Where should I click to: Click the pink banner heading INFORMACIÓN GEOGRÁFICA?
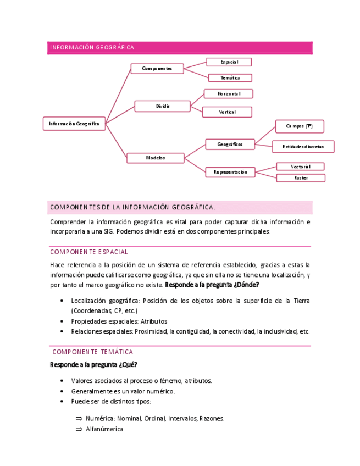pos(92,48)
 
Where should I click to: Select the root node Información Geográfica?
pos(74,124)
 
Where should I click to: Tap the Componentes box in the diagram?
pos(157,69)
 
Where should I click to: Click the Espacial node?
pos(229,62)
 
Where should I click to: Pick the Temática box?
pos(230,78)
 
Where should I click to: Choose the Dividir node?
pos(162,106)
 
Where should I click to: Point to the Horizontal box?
pos(229,94)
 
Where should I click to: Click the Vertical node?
pos(227,112)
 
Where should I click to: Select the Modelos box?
pos(156,158)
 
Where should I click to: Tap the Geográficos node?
pos(230,145)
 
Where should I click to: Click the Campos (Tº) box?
pos(300,126)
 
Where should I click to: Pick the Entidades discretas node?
pos(303,147)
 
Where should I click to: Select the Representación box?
pos(230,172)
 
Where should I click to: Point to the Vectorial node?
pos(301,167)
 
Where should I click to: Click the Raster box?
pos(301,178)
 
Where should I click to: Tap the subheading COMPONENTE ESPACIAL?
pos(89,252)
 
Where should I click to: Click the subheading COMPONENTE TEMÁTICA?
pos(92,352)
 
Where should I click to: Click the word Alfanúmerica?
pos(104,429)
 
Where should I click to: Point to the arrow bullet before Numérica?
pos(79,418)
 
